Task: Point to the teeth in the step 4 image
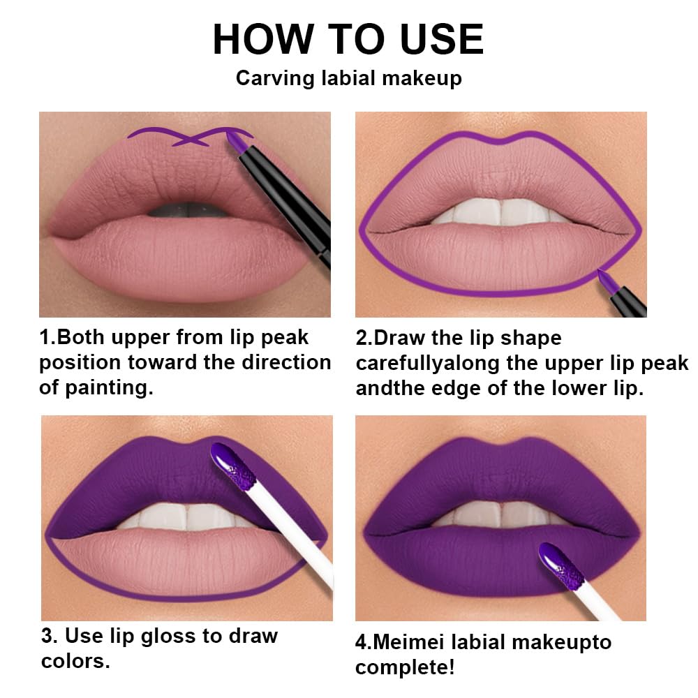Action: click(500, 515)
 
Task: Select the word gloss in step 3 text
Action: click(184, 636)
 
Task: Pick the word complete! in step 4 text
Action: click(405, 667)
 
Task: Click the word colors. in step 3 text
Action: click(75, 660)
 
